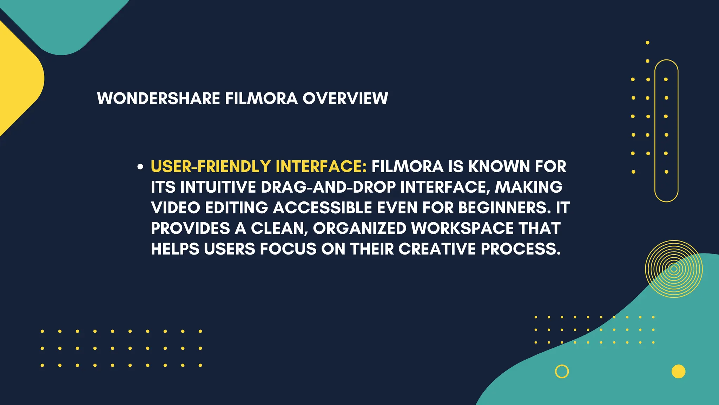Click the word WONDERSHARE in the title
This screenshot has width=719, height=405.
(158, 98)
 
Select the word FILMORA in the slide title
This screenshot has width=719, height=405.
(261, 98)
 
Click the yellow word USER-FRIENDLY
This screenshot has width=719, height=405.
(211, 167)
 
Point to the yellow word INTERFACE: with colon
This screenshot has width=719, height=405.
(321, 167)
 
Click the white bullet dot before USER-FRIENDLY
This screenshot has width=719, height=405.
(140, 167)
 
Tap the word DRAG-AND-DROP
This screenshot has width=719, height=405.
(328, 187)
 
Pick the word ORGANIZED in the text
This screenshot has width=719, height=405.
(359, 229)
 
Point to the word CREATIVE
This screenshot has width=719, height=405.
(437, 249)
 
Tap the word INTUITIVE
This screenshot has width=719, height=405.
(218, 187)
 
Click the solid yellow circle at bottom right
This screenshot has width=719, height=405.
(678, 372)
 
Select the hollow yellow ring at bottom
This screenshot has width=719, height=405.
(562, 372)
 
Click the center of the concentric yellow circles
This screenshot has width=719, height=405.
(674, 269)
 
